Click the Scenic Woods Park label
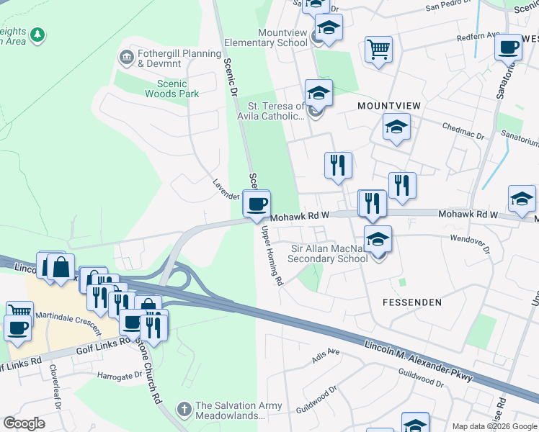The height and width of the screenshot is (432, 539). pyautogui.click(x=171, y=88)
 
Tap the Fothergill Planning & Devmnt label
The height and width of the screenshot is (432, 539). pyautogui.click(x=180, y=58)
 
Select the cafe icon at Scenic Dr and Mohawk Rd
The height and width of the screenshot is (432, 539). pyautogui.click(x=257, y=205)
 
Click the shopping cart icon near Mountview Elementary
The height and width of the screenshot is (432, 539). pyautogui.click(x=378, y=50)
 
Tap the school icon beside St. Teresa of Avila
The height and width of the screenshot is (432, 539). pyautogui.click(x=318, y=94)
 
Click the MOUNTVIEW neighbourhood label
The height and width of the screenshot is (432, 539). pyautogui.click(x=389, y=106)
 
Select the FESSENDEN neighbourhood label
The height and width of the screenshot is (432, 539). pyautogui.click(x=411, y=302)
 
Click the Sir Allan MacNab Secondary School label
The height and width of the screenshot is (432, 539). pyautogui.click(x=329, y=254)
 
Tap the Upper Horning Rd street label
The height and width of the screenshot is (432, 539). pyautogui.click(x=272, y=256)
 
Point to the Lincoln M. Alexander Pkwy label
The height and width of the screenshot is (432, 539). pyautogui.click(x=418, y=360)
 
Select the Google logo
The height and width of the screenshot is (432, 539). pyautogui.click(x=24, y=423)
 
